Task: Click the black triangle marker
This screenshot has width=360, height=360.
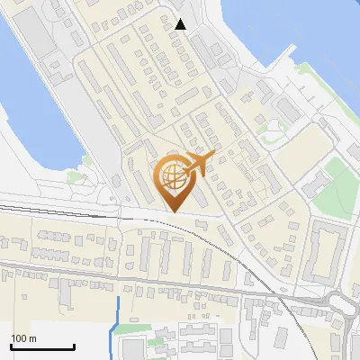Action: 181,24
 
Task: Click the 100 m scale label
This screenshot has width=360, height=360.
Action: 23,338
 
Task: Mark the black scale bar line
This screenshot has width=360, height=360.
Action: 42,346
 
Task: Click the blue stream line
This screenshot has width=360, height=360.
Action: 113,324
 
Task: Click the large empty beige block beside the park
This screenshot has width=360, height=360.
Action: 297,144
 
